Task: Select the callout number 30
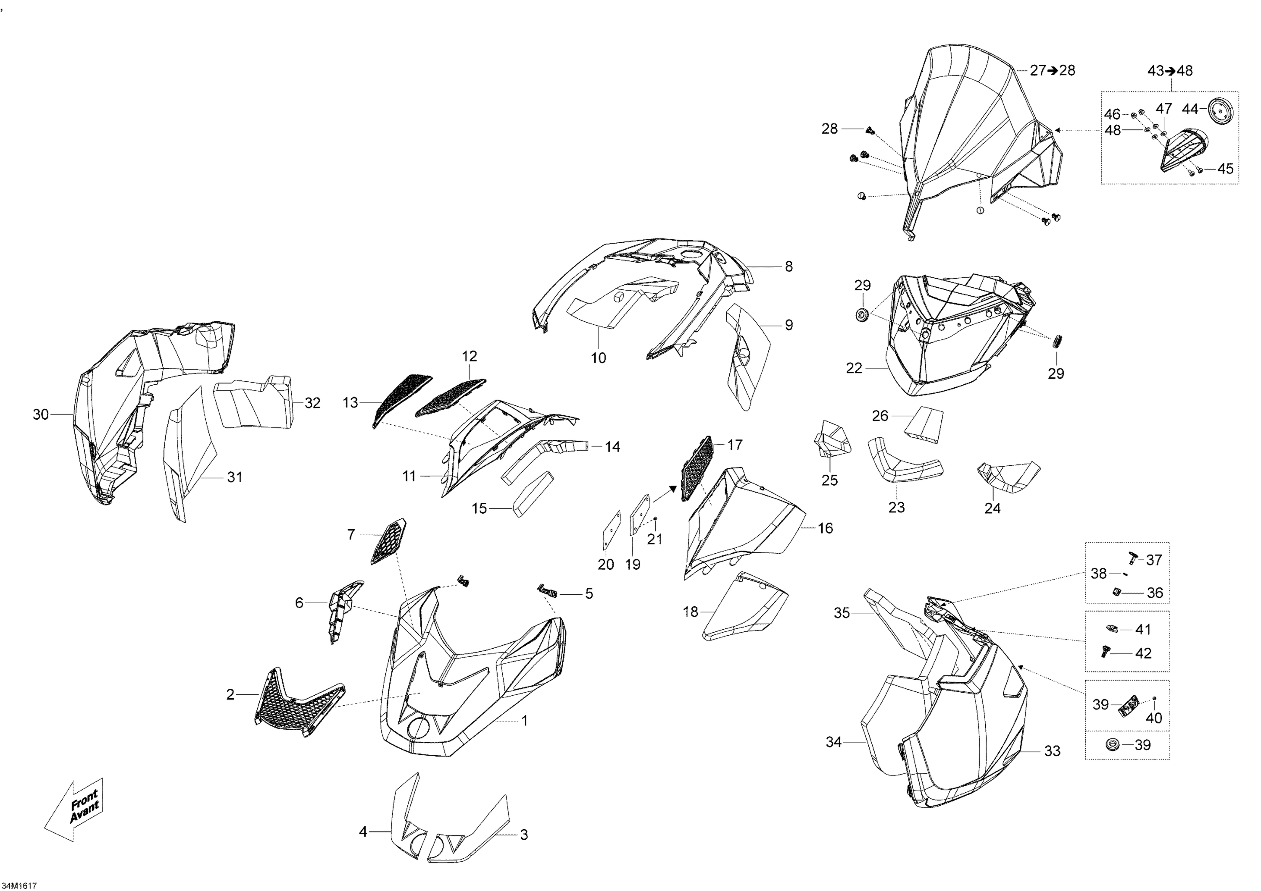coord(41,415)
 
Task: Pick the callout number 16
coord(826,528)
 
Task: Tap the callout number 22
coord(854,368)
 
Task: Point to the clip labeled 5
coord(547,591)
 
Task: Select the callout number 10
coord(598,358)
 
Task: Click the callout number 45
coord(1225,168)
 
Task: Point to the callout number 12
coord(470,356)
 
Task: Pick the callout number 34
coord(834,742)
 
